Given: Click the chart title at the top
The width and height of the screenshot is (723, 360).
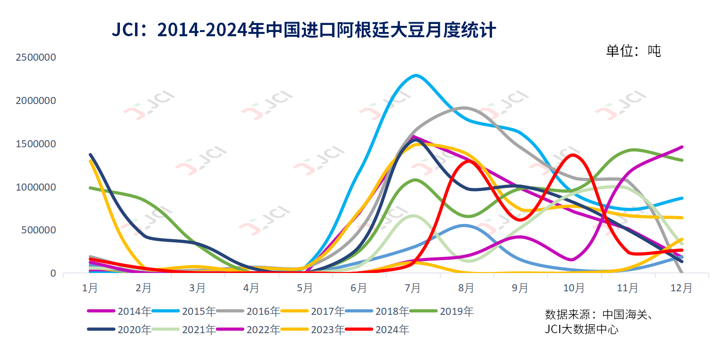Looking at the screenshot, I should (303, 31).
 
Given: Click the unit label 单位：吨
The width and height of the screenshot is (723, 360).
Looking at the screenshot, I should (633, 51).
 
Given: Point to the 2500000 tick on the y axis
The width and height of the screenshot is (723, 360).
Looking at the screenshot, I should (36, 57).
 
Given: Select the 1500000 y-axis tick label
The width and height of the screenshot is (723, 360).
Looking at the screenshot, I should (36, 144).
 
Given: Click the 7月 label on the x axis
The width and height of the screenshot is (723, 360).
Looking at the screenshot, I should (413, 288).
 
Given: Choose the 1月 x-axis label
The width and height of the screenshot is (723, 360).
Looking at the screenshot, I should (90, 288).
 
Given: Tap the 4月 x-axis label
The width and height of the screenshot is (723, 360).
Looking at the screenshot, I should (251, 288).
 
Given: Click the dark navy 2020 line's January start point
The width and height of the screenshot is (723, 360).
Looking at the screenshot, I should (90, 154).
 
